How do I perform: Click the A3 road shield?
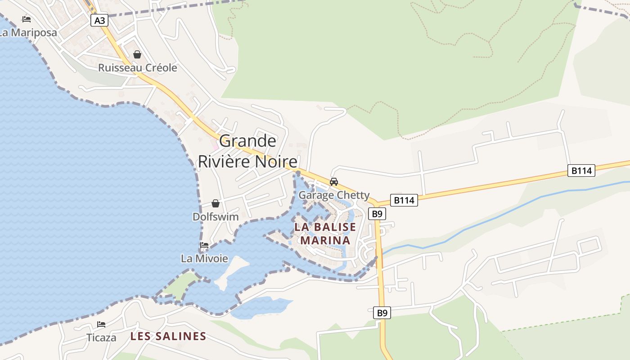coord(99,20)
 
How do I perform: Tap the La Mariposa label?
coord(28,33)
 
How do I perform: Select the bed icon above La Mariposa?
coord(27,19)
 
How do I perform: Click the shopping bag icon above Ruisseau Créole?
coord(137,54)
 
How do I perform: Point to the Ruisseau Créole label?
coord(138,68)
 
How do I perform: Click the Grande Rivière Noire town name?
coord(248,151)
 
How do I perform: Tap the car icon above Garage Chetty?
coord(334,182)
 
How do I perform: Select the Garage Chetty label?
coord(334,195)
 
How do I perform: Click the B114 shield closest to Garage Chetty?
coord(404,200)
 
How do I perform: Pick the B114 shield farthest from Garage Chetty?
coord(581,171)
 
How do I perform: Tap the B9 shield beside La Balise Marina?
coord(377,214)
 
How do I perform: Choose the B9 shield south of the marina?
coord(382,313)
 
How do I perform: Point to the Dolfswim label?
coord(216,217)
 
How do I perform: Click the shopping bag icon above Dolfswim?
coord(216,203)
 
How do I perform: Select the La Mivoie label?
coord(204,259)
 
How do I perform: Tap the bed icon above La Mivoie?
coord(204,245)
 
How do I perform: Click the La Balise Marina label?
coord(325,233)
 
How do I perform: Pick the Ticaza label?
coord(101,337)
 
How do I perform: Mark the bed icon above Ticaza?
coord(101,324)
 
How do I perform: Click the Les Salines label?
coord(168,336)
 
